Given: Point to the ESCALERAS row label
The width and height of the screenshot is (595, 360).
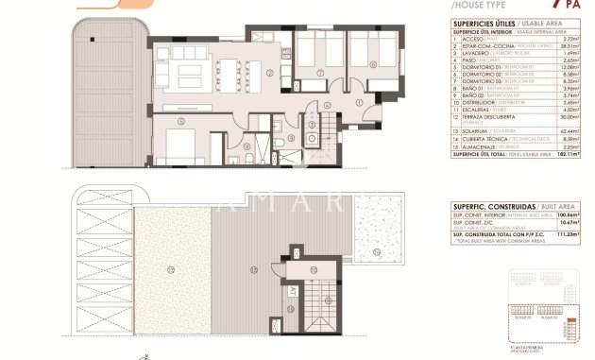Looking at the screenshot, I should [x=479, y=109].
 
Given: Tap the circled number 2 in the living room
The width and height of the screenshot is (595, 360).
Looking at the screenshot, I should [x=270, y=72].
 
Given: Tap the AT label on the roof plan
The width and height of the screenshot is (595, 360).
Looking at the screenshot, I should [x=293, y=291].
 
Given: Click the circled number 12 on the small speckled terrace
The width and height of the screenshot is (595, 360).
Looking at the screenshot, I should [x=376, y=252].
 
